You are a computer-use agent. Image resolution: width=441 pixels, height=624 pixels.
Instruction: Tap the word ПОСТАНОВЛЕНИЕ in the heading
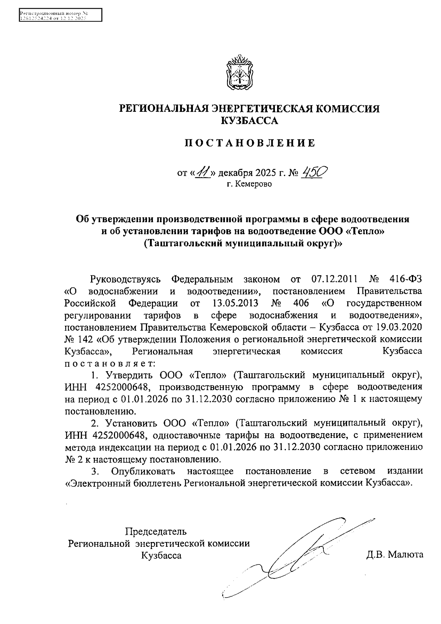pyautogui.click(x=250, y=143)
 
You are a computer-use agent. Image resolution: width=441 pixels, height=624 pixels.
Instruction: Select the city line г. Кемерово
pyautogui.click(x=249, y=184)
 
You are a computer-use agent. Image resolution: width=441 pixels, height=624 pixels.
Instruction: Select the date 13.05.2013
pyautogui.click(x=235, y=303)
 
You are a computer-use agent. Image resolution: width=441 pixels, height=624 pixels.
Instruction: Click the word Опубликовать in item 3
pyautogui.click(x=143, y=471)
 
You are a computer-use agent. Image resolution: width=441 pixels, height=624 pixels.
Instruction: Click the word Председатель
pyautogui.click(x=156, y=531)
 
